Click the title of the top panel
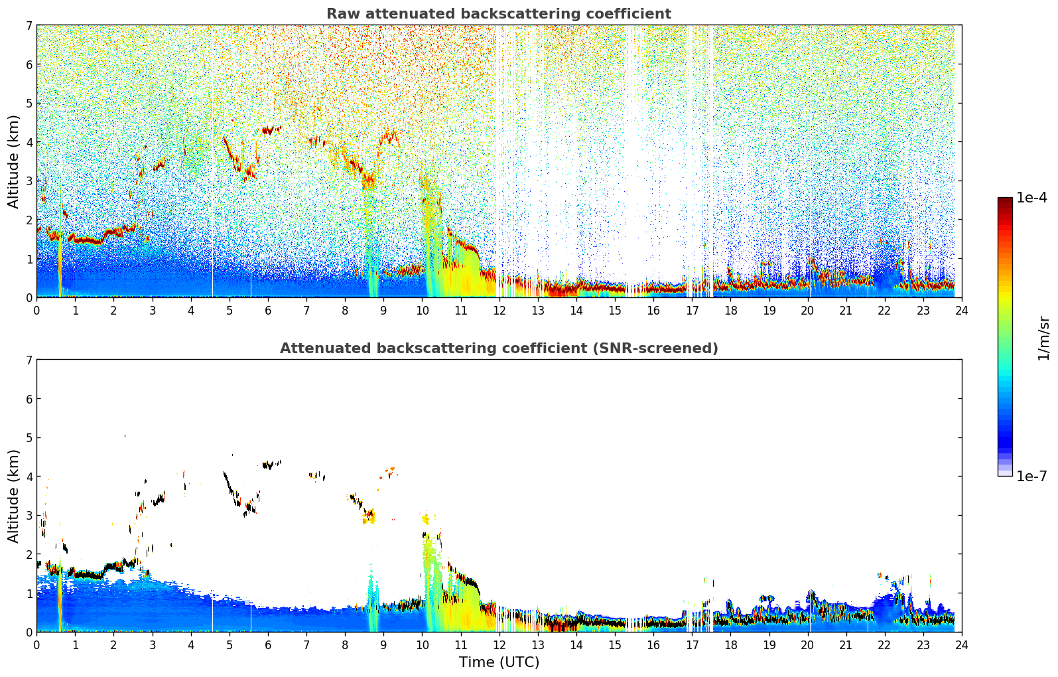(x=498, y=14)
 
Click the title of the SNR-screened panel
(x=498, y=348)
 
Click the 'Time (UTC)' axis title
(x=499, y=662)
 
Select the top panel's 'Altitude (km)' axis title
(x=13, y=161)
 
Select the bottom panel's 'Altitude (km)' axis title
(x=13, y=496)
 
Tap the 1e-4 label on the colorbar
(x=1031, y=198)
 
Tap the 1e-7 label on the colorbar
(x=1031, y=476)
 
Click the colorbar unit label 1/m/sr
(x=1043, y=337)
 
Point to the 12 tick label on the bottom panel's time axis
(x=499, y=644)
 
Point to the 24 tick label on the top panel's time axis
(x=961, y=310)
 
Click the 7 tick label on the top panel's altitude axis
(x=29, y=26)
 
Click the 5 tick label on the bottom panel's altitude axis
(x=29, y=438)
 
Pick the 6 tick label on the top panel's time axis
(x=268, y=310)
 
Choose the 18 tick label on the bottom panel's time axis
(x=730, y=644)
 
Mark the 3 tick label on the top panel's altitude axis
(x=29, y=181)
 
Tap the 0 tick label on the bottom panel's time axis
(x=36, y=644)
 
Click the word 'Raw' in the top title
(x=340, y=14)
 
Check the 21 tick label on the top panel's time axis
(x=846, y=310)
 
